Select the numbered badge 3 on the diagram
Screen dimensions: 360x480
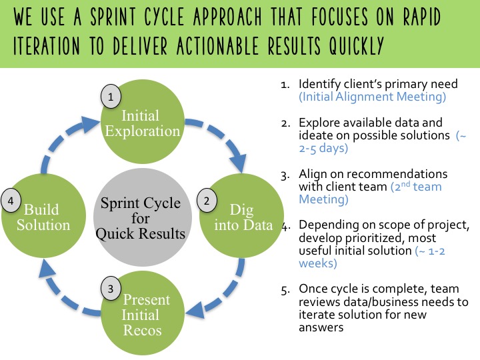[111, 289]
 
